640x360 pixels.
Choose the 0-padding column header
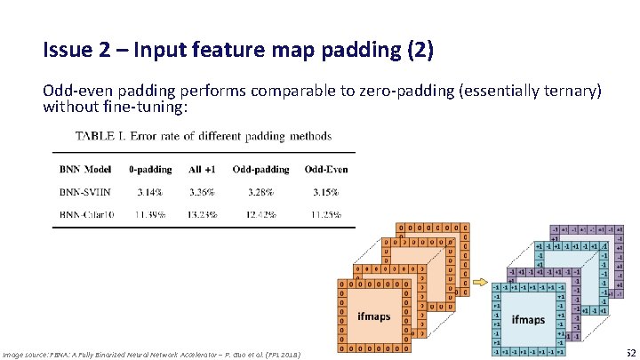150,169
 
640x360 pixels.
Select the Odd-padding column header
260,169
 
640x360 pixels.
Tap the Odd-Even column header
326,169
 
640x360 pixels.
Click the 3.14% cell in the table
150,190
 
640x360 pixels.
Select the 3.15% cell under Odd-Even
325,190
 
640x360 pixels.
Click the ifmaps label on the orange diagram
374,316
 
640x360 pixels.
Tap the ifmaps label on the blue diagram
528,319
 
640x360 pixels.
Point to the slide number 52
629,354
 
